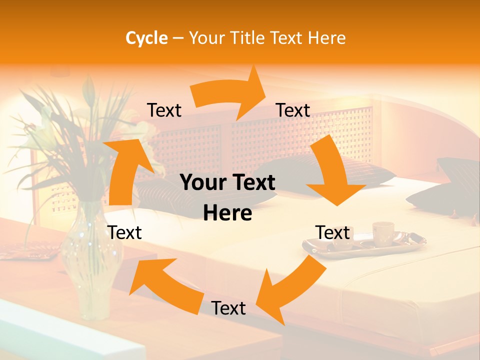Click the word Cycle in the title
coord(146,38)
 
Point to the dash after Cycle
coord(178,38)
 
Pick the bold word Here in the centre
coord(227,213)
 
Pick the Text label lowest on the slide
coord(228,308)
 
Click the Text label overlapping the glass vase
coord(124,232)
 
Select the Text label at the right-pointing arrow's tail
coord(164,110)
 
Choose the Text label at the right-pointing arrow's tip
coord(293,110)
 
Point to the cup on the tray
coord(383,232)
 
